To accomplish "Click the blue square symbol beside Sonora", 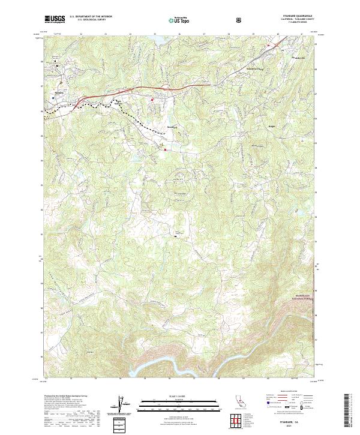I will [53, 97].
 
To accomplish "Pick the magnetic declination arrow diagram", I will [124, 405].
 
